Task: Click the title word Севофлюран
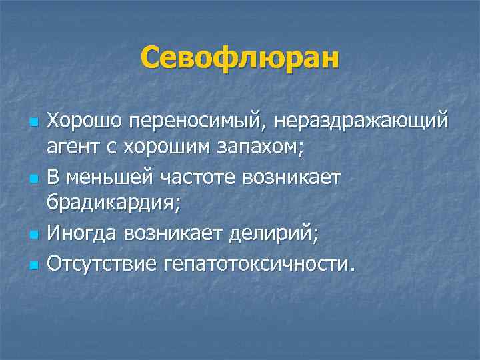click(x=239, y=58)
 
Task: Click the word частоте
click(x=181, y=178)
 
